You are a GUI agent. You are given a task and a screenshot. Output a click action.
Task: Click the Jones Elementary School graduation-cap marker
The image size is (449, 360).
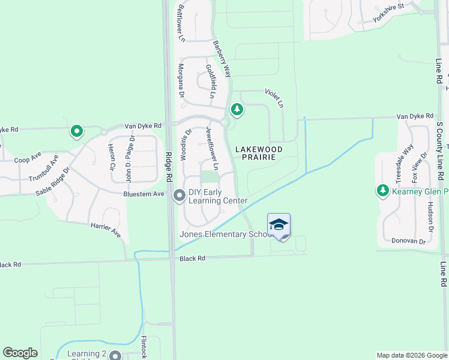pos(279,225)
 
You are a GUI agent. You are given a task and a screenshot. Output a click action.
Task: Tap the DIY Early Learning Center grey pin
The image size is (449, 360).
pos(179,196)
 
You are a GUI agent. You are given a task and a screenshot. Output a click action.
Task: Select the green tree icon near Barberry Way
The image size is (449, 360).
pos(237,109)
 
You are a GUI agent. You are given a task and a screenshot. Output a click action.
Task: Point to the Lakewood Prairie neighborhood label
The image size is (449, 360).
pos(258,152)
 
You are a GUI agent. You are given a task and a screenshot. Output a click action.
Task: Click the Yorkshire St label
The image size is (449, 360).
pos(388,12)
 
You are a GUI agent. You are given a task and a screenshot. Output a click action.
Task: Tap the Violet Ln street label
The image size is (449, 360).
pos(274,98)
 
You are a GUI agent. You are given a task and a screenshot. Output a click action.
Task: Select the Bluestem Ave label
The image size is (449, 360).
pos(143,194)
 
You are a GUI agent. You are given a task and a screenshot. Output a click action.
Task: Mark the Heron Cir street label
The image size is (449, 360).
pos(111,156)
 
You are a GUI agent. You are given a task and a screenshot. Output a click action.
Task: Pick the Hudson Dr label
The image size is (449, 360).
pos(430,217)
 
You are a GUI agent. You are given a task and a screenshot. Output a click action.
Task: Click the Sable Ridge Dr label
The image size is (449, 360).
pos(53,178)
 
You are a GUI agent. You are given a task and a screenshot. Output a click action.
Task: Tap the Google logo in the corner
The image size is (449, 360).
pos(20,353)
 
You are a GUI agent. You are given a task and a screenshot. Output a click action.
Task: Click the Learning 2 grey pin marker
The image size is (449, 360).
pos(115,356)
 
